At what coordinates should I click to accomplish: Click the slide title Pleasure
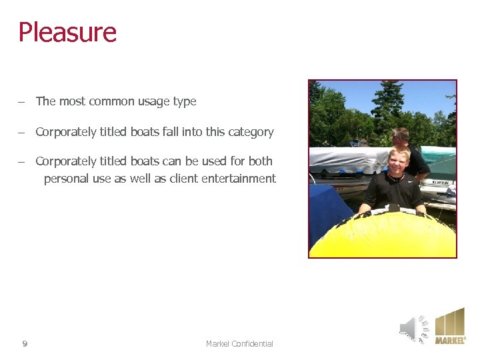pos(67,32)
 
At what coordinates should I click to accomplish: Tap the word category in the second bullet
pos(251,132)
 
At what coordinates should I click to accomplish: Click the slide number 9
pos(25,344)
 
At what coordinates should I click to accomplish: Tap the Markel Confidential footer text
pos(239,344)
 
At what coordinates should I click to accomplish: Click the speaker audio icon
pos(413,329)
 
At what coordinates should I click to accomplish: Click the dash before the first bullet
pos(22,102)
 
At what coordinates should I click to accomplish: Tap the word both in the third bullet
pos(260,161)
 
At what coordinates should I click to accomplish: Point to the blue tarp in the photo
pos(329,210)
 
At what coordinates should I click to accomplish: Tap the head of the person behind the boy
pos(401,137)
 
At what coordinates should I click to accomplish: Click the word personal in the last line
pos(67,179)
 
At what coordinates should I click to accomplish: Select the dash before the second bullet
pos(22,133)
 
